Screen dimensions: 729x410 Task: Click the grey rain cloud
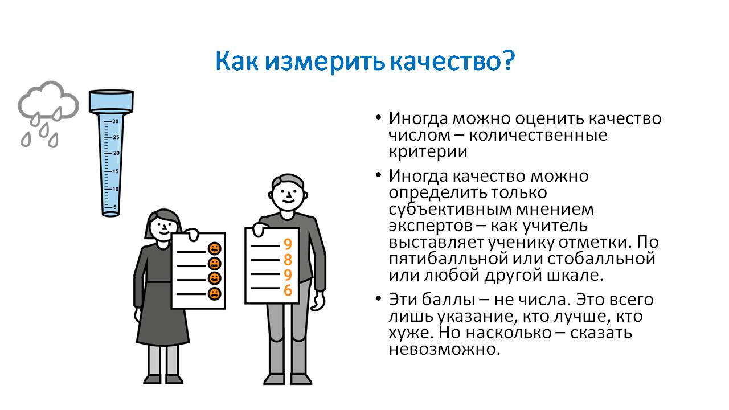[48, 100]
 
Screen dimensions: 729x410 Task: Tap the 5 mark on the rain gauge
[115, 207]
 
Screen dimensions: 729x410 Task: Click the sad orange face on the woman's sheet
[215, 293]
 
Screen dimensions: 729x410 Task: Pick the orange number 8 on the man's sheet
[288, 260]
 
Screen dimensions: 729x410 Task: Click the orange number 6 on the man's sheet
[288, 290]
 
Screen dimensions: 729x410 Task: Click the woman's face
[163, 226]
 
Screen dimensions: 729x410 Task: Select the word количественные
[538, 135]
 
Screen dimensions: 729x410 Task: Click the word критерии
[428, 152]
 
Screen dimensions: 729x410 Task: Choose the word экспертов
[430, 226]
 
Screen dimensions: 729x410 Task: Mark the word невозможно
[444, 350]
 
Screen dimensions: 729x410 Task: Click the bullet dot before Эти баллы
[378, 298]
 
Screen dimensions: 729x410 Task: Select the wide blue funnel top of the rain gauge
[111, 101]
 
